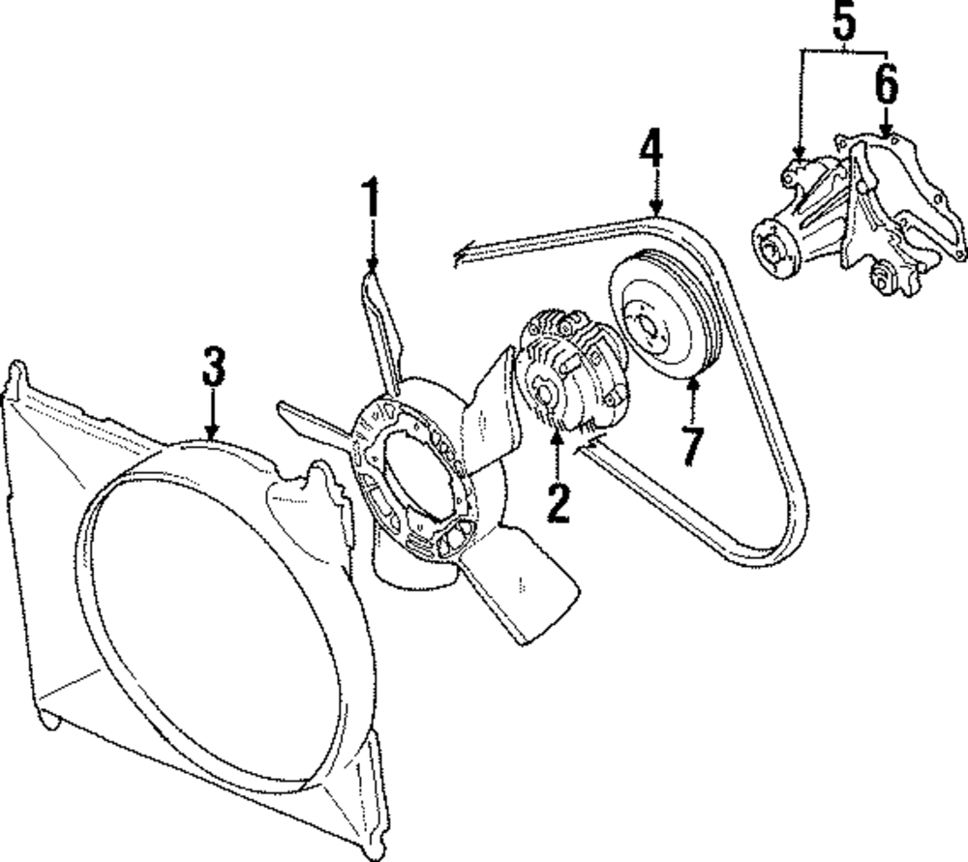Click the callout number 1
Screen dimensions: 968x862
372,200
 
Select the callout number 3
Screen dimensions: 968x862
213,368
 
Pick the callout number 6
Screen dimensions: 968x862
886,85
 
